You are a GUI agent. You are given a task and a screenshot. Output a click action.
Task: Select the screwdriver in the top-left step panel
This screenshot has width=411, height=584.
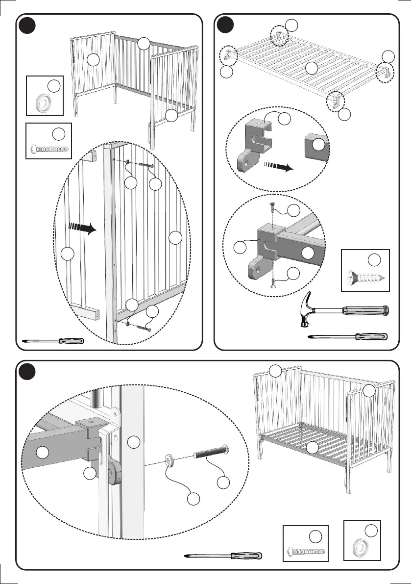[x=54, y=340]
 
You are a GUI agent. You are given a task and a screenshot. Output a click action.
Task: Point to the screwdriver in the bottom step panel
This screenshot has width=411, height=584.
[x=225, y=556]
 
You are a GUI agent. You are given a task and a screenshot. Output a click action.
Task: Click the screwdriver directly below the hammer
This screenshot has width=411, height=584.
[x=348, y=337]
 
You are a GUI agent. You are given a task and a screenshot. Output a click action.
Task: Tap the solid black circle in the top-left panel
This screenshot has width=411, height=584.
[x=27, y=25]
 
